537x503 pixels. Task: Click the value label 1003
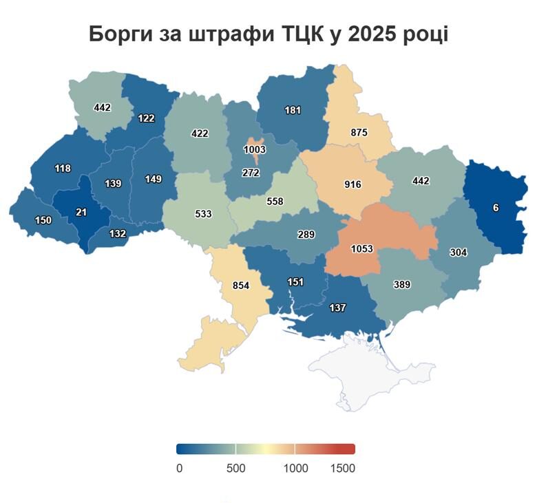coord(255,149)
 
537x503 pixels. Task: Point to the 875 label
coord(359,132)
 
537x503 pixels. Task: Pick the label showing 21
coord(81,212)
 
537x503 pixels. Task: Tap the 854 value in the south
coord(240,286)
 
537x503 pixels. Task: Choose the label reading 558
coord(275,202)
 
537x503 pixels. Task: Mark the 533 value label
coord(203,214)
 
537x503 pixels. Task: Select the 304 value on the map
coord(458,253)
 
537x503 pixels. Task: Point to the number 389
coord(401,285)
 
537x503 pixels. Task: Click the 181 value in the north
coord(293,110)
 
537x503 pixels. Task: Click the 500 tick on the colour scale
coord(236,468)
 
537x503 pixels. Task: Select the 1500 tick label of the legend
coord(343,468)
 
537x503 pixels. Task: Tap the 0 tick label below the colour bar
coord(179,468)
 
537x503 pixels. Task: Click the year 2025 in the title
coord(375,34)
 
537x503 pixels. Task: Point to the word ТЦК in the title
coord(303,34)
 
